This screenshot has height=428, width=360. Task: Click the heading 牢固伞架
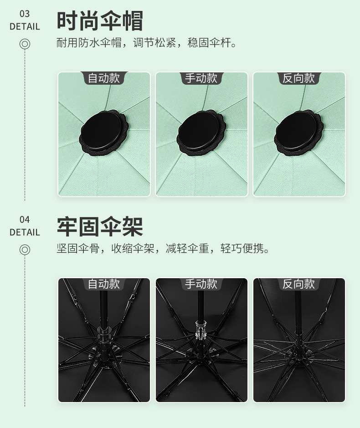[100, 226]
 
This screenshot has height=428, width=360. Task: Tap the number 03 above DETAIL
[25, 14]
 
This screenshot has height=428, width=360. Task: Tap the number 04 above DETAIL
[25, 220]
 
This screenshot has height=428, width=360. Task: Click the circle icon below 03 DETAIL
[25, 44]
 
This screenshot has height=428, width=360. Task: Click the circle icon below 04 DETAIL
[25, 250]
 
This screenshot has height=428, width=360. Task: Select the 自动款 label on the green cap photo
[104, 78]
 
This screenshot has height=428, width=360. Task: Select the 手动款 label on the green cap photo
[201, 78]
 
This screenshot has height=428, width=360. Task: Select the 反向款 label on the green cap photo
[299, 78]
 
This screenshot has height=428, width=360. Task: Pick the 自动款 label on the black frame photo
[104, 284]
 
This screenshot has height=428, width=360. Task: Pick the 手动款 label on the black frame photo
[201, 284]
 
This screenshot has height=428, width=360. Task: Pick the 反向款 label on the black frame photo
[299, 284]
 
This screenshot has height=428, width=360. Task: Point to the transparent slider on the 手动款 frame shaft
[200, 330]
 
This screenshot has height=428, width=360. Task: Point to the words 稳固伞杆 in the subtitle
[217, 44]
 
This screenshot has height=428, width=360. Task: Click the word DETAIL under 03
[25, 26]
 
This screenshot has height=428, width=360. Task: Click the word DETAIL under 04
[25, 232]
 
